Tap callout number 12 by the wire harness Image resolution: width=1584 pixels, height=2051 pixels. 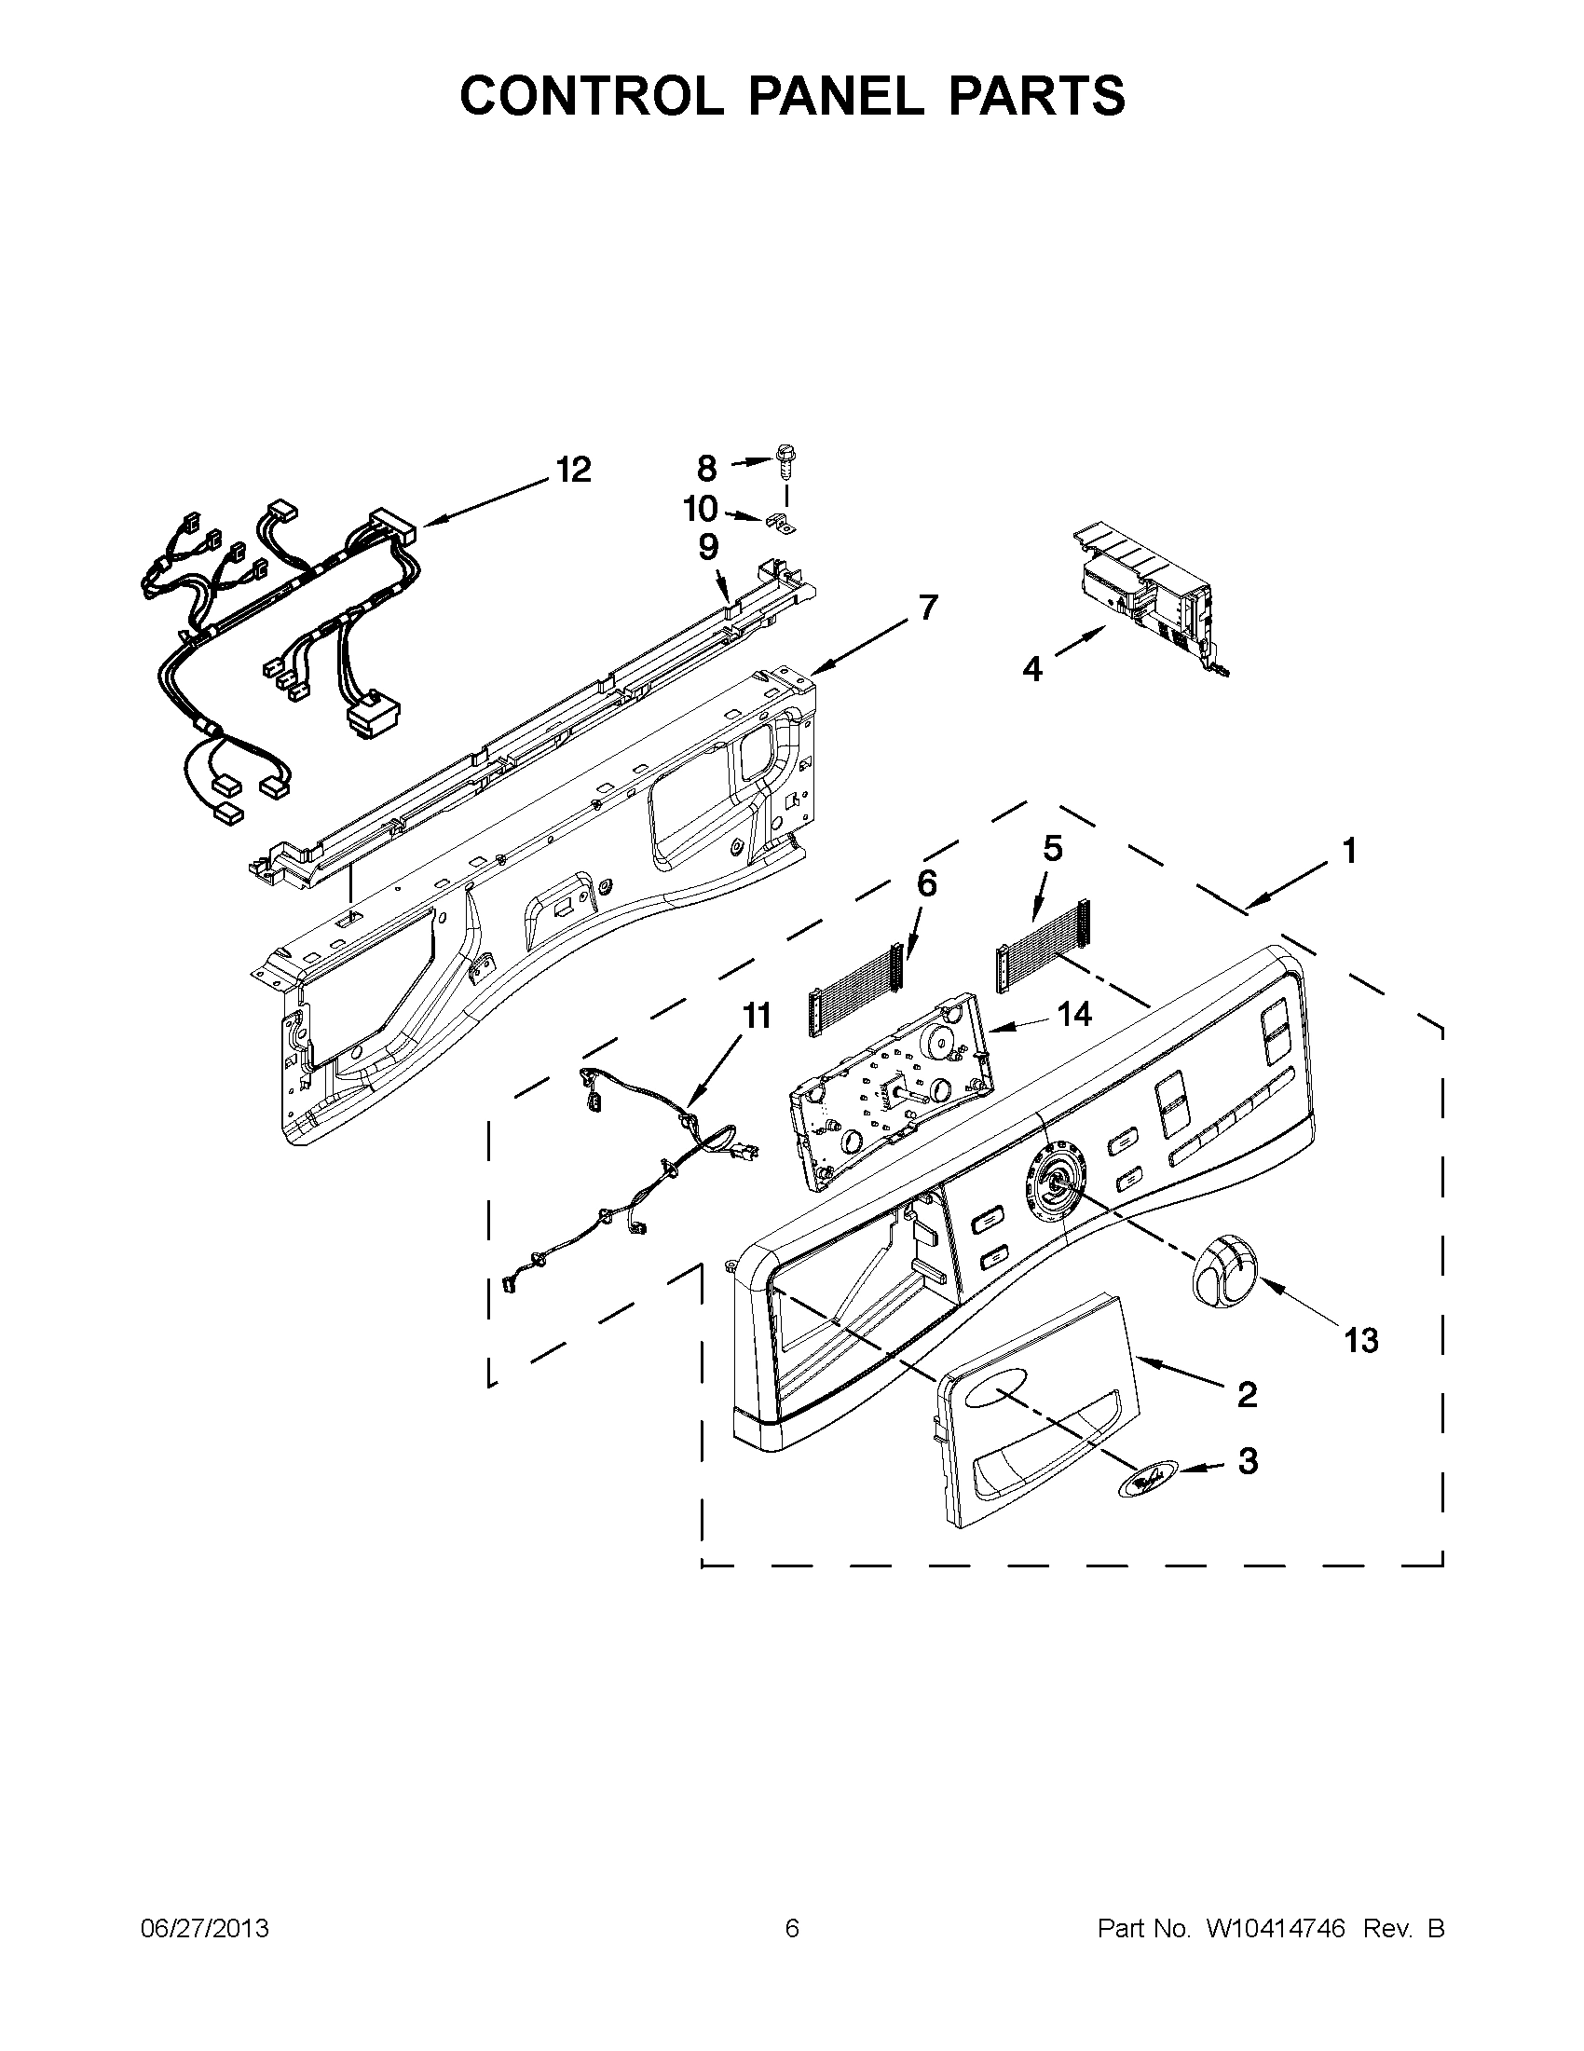coord(573,470)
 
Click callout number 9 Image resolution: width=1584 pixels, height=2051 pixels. coord(708,546)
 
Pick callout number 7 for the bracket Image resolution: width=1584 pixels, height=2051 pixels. coord(928,608)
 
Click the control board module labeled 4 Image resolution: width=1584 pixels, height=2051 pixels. coord(1145,592)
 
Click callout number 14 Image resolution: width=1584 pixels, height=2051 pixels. coord(1074,1013)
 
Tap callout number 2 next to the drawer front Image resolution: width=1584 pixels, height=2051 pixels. coord(1247,1395)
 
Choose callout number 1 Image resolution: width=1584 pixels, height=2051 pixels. coord(1348,852)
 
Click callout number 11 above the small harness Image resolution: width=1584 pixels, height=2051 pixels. coord(757,1016)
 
